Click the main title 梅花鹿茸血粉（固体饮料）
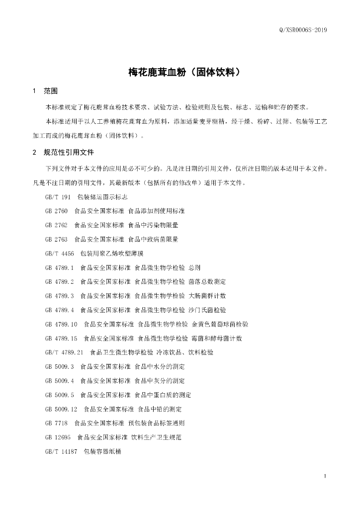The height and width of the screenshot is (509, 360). pos(185,72)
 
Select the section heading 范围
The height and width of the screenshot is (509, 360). pos(51,91)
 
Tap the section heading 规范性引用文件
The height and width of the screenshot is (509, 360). pos(69,152)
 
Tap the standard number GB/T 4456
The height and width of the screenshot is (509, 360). pos(60,254)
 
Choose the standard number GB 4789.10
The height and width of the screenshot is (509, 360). pos(61,324)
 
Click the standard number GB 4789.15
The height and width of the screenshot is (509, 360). pos(61,339)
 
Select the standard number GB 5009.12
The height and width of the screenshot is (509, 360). pos(61,409)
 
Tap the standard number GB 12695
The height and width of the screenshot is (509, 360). pos(58,437)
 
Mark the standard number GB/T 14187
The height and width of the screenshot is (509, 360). pos(61,451)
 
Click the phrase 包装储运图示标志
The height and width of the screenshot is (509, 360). pos(99,197)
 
